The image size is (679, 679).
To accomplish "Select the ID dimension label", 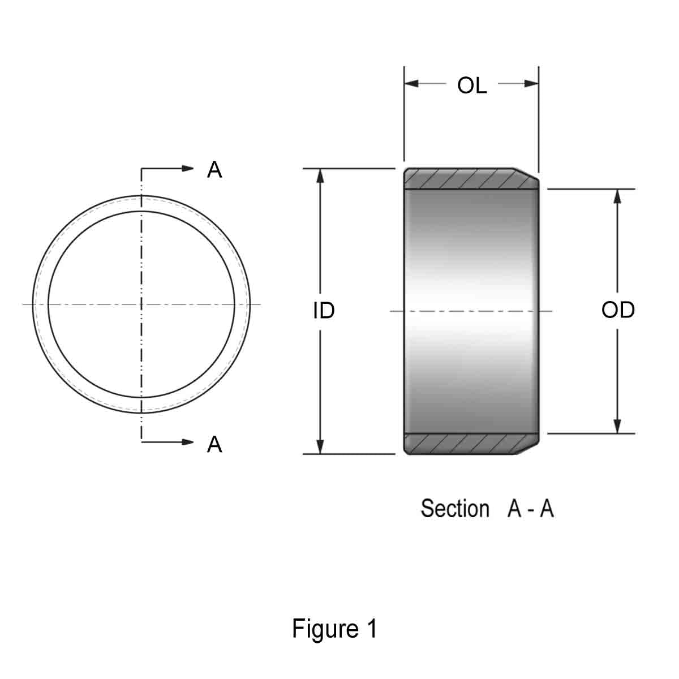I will click(324, 310).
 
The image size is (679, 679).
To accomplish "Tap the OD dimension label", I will click(618, 310).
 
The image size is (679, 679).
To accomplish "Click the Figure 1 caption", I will click(334, 629).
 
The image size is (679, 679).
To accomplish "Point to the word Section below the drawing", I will click(454, 509).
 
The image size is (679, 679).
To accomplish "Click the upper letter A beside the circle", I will click(214, 169).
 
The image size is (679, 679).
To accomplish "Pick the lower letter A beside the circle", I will click(214, 445).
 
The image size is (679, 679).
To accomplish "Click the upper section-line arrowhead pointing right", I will click(188, 168).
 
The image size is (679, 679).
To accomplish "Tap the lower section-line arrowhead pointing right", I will click(188, 441).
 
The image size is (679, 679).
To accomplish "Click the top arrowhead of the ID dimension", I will click(320, 176).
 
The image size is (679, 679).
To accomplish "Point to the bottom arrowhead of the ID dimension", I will click(320, 446).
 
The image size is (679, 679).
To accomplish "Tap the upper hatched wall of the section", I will click(464, 179).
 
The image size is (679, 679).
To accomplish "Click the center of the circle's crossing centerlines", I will click(141, 304).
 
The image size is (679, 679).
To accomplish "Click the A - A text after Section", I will click(530, 509).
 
